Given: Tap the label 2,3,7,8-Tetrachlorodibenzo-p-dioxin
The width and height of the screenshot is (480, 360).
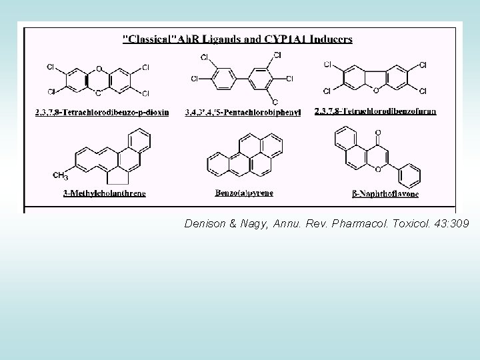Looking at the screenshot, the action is point(102,112).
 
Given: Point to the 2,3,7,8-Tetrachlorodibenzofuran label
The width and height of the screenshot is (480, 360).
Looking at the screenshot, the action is point(384,111).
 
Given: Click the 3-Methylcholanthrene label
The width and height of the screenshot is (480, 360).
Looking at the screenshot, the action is point(105,193).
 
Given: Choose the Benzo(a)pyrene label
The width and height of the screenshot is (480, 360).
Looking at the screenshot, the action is point(244,193).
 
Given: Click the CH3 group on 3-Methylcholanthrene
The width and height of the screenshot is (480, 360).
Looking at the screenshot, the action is point(60,176).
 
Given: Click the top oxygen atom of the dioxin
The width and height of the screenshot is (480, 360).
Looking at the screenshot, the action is point(99,68).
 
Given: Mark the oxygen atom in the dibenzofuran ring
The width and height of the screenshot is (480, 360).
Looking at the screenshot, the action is point(377,89).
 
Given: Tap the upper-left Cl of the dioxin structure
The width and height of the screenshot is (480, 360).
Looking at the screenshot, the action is point(51,67).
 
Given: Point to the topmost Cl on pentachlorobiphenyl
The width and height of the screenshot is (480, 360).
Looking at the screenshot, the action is point(277,55).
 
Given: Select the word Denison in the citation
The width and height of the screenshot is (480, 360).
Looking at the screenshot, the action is point(205,224).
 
